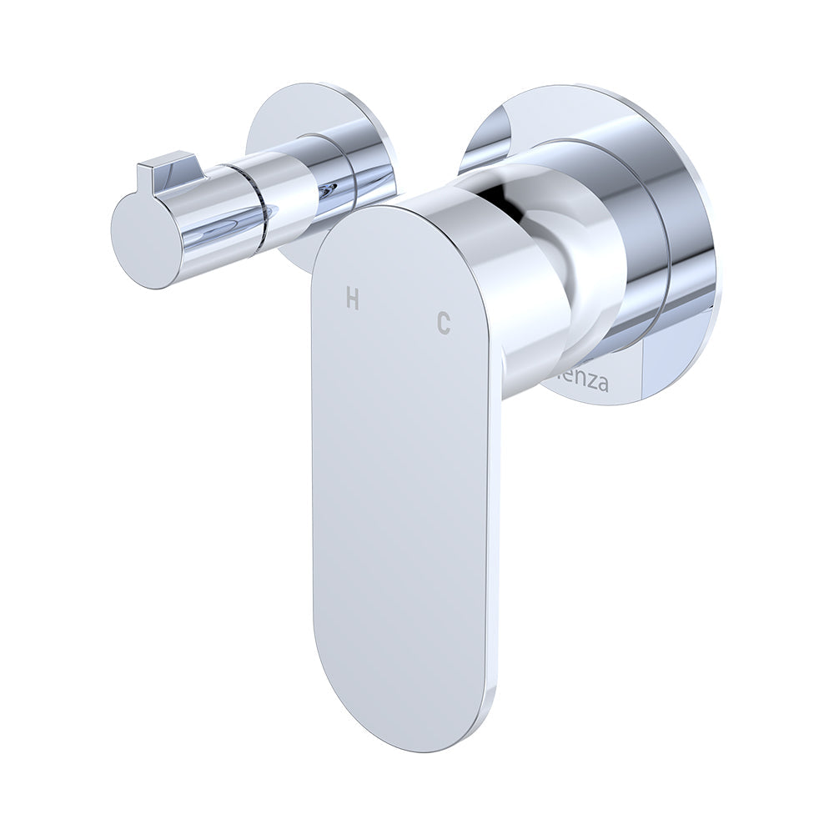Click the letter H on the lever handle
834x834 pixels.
point(353,299)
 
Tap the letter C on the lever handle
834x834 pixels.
point(444,322)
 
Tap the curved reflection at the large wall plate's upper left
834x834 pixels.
point(492,133)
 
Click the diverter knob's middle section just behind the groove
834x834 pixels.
point(288,192)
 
